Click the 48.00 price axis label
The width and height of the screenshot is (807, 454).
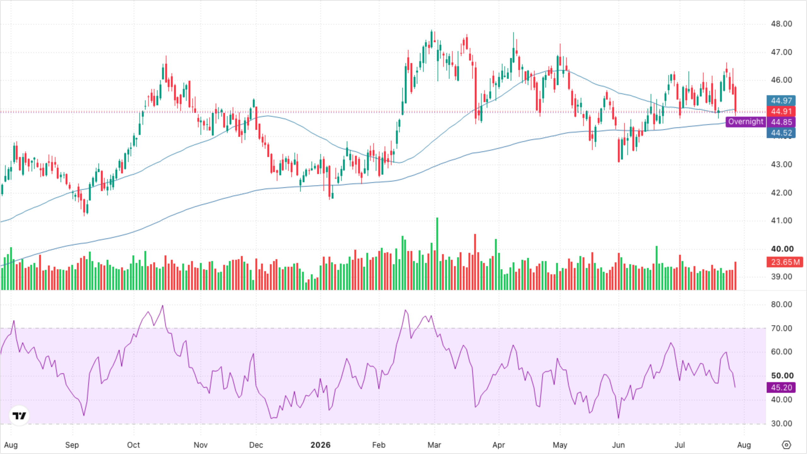point(781,24)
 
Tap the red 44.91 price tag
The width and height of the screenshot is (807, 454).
point(781,111)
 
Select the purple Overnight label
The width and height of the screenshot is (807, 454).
point(746,122)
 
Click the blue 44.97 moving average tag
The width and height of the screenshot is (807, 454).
point(781,101)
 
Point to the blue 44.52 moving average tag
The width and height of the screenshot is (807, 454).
point(781,133)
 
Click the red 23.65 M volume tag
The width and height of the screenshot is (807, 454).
point(785,262)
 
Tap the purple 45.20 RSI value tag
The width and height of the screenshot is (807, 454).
point(781,387)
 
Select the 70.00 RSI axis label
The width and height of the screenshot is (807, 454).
point(781,329)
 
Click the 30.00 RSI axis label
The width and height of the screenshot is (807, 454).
point(781,424)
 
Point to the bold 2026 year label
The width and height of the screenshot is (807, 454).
point(320,445)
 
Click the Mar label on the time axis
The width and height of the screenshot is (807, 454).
point(434,445)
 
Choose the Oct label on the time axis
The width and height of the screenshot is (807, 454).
point(133,445)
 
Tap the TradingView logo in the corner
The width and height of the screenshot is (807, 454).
point(19,416)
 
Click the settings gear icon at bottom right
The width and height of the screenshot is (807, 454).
point(787,445)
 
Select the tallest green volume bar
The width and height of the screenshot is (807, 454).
point(437,253)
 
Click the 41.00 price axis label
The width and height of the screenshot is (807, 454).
point(781,221)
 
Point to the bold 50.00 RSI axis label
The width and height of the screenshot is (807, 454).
point(782,376)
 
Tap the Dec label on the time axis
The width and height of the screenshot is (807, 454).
point(256,445)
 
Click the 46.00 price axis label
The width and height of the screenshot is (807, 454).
point(781,80)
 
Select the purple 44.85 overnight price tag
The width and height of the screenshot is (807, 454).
point(781,122)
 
